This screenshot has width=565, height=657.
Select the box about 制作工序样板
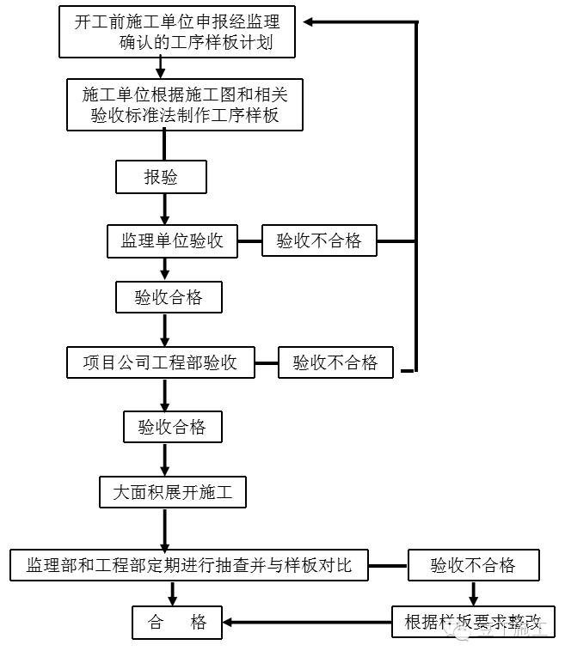click(185, 104)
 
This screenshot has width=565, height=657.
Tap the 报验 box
click(161, 178)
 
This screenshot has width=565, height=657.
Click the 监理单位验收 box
click(171, 241)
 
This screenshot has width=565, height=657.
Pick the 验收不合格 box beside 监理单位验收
click(319, 241)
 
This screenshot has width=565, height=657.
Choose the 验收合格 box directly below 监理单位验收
click(169, 297)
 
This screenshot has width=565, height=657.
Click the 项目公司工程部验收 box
click(160, 362)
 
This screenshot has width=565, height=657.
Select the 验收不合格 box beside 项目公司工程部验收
click(335, 362)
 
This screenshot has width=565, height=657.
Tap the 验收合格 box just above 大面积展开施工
click(165, 427)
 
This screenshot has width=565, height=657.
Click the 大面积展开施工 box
click(173, 493)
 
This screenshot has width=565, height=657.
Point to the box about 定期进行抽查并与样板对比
click(188, 564)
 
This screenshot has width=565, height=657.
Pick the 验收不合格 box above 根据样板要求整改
click(473, 564)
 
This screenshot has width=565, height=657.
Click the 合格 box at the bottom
click(177, 622)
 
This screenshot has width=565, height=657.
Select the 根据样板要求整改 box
click(474, 622)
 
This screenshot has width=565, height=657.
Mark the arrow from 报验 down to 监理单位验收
click(164, 210)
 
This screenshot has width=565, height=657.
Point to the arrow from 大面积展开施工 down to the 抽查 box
click(173, 527)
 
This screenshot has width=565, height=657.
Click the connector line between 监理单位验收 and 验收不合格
click(249, 241)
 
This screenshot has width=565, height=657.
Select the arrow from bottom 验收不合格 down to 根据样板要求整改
click(473, 593)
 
